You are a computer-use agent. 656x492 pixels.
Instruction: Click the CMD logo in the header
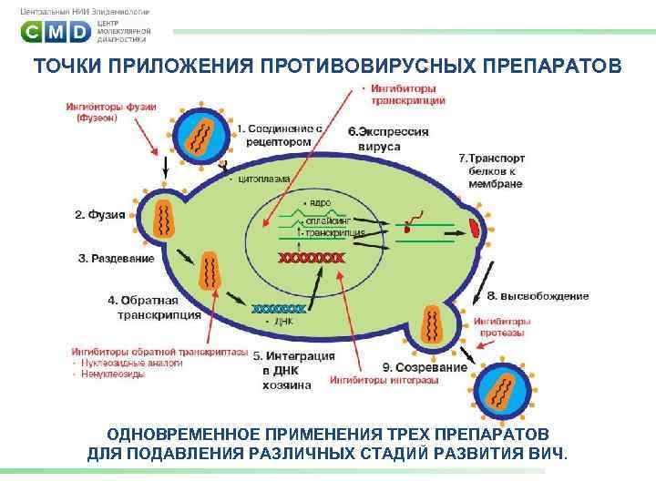pyautogui.click(x=56, y=33)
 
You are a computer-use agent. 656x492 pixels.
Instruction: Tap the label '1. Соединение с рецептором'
pyautogui.click(x=282, y=136)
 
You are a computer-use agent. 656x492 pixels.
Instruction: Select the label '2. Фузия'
pyautogui.click(x=100, y=215)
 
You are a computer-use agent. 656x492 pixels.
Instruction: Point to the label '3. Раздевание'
pyautogui.click(x=116, y=259)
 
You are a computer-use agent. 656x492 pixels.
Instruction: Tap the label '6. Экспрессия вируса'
pyautogui.click(x=387, y=138)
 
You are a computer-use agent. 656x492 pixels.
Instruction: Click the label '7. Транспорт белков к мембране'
pyautogui.click(x=491, y=170)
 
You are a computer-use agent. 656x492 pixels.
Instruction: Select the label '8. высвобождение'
pyautogui.click(x=538, y=296)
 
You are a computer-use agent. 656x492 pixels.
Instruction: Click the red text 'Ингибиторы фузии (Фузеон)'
pyautogui.click(x=110, y=112)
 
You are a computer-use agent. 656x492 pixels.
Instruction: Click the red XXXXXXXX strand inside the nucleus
pyautogui.click(x=312, y=258)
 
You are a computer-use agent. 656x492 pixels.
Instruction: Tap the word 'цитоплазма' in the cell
pyautogui.click(x=264, y=179)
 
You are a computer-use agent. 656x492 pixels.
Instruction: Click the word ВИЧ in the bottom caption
pyautogui.click(x=548, y=453)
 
